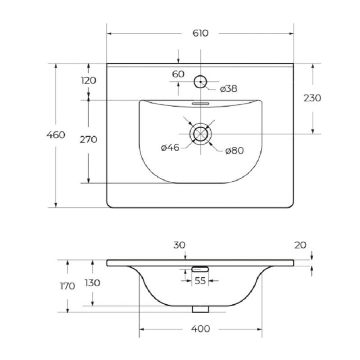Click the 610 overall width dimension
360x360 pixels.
coord(200,33)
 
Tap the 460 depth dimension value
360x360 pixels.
coord(56,135)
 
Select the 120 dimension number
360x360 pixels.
coord(88,81)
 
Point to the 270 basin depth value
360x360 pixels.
coord(88,139)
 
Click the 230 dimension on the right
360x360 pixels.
coord(312,98)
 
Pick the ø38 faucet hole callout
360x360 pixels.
coord(229,89)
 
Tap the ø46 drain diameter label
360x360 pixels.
coord(170,148)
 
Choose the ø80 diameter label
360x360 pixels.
coord(234,151)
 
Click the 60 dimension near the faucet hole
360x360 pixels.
coord(178,74)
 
